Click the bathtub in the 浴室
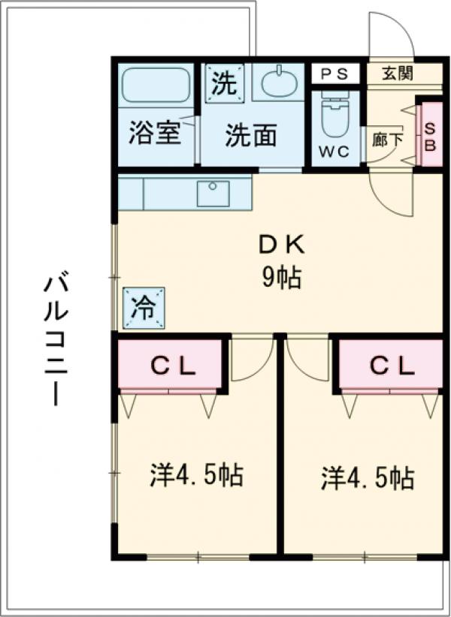pyautogui.click(x=156, y=85)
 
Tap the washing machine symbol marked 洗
pyautogui.click(x=224, y=83)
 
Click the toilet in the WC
pyautogui.click(x=335, y=116)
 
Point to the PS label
pyautogui.click(x=334, y=74)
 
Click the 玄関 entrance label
pyautogui.click(x=398, y=74)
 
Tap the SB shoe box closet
pyautogui.click(x=431, y=134)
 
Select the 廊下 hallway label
pyautogui.click(x=387, y=140)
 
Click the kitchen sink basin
pyautogui.click(x=213, y=193)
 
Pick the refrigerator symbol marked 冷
pyautogui.click(x=144, y=308)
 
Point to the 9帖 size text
pyautogui.click(x=281, y=278)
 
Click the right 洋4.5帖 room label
pyautogui.click(x=368, y=477)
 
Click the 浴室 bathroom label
pyautogui.click(x=155, y=133)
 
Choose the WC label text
pyautogui.click(x=334, y=152)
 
